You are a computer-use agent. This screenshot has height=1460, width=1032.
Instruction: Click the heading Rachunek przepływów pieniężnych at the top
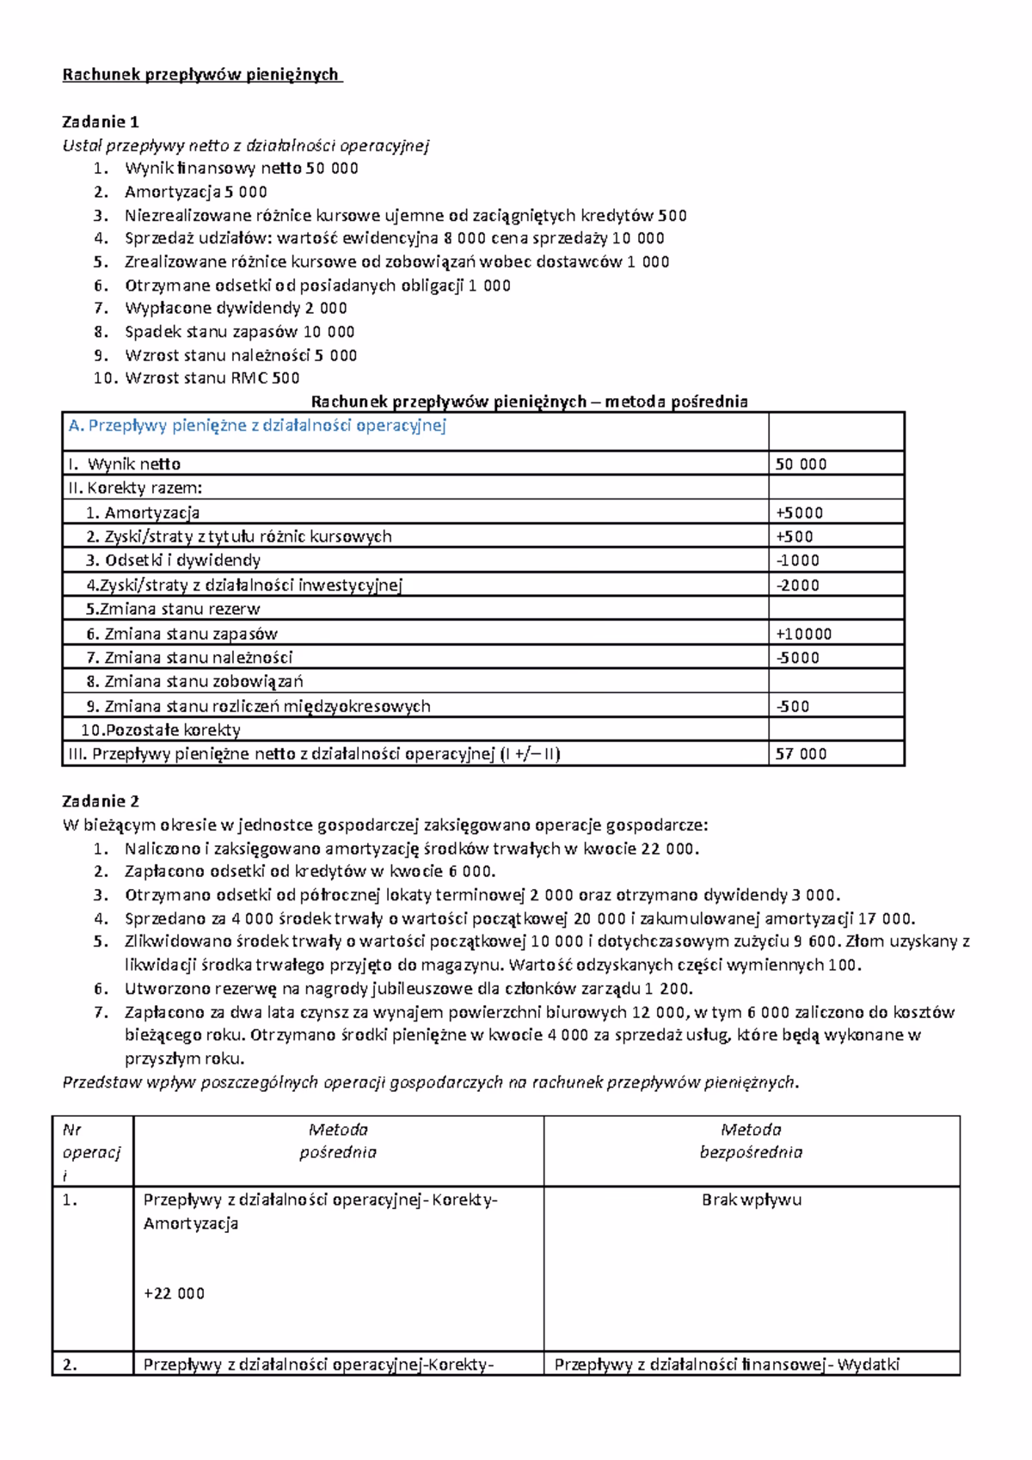(x=202, y=75)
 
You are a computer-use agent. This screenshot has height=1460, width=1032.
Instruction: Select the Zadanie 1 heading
(x=101, y=121)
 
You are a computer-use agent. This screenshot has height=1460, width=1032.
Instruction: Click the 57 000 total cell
(x=801, y=754)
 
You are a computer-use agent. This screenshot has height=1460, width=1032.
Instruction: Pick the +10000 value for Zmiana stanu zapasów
(x=803, y=634)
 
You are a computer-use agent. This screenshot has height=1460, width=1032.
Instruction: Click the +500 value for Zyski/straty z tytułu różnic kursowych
(x=795, y=537)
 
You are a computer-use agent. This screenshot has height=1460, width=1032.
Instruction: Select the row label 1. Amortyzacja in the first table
(x=143, y=512)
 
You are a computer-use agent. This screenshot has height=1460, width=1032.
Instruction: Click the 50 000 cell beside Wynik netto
(x=801, y=464)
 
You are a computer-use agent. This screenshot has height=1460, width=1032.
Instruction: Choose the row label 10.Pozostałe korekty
(x=161, y=730)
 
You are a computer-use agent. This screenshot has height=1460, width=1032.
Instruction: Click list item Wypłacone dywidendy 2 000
(x=236, y=308)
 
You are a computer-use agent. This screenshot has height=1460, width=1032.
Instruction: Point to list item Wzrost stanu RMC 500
(x=212, y=377)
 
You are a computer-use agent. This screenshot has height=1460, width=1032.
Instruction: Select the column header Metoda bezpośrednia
(x=751, y=1140)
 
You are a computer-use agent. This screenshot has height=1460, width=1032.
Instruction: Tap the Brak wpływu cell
(x=751, y=1199)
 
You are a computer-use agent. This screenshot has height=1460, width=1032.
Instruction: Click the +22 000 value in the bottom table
(x=174, y=1293)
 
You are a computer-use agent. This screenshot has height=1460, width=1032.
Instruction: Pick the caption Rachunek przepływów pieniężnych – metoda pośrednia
(x=529, y=401)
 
